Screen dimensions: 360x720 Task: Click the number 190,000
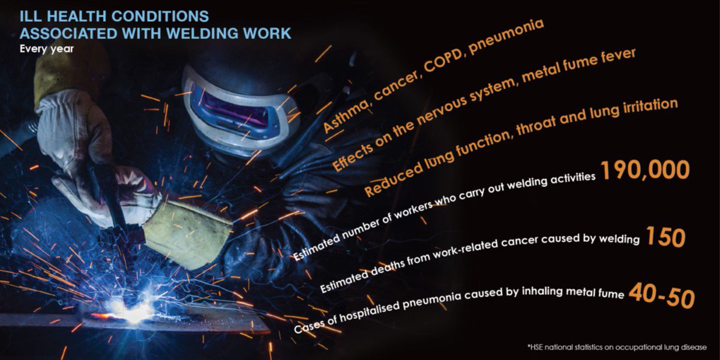644,171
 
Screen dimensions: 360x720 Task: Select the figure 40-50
662,295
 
